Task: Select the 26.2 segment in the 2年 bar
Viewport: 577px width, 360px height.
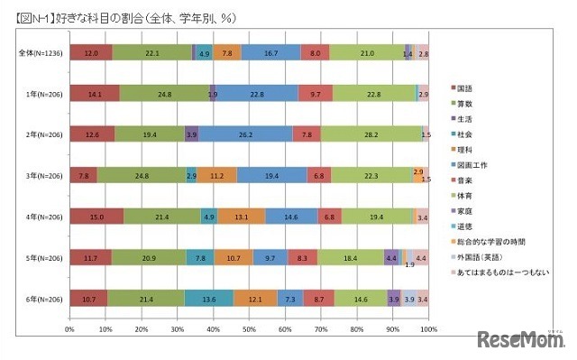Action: [x=245, y=134]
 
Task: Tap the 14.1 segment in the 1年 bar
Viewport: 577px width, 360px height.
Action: [x=95, y=92]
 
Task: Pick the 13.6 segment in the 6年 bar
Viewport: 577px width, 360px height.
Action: [x=208, y=298]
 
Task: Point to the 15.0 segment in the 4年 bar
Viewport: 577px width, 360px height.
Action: [x=96, y=216]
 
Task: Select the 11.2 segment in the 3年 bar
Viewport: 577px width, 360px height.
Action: [x=216, y=174]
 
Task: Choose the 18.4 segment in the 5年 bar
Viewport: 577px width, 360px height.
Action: [x=350, y=257]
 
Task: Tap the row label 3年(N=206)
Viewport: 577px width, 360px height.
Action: [x=40, y=174]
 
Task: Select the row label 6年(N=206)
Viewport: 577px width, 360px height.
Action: [x=40, y=298]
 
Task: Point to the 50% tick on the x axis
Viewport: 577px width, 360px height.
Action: [x=250, y=328]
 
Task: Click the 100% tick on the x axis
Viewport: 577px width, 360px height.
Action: [x=427, y=328]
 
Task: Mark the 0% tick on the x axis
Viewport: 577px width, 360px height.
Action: [x=70, y=328]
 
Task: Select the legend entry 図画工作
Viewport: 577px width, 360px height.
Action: [x=475, y=164]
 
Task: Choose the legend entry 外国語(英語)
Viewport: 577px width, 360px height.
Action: [x=483, y=256]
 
